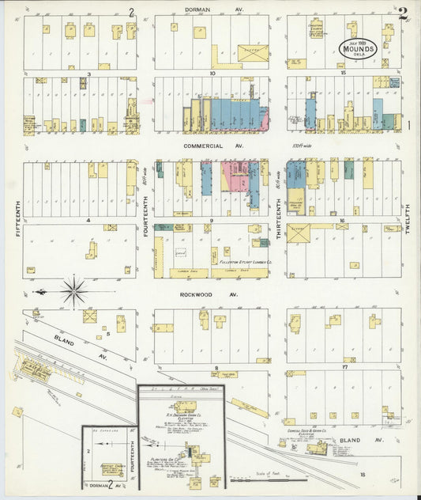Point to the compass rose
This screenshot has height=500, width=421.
74,291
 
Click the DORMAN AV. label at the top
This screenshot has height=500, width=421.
211,9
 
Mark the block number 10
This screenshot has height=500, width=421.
212,73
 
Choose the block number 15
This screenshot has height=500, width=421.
344,73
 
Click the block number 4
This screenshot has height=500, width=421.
88,220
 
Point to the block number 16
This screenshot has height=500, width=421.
343,221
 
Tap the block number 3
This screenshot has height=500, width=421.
89,74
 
